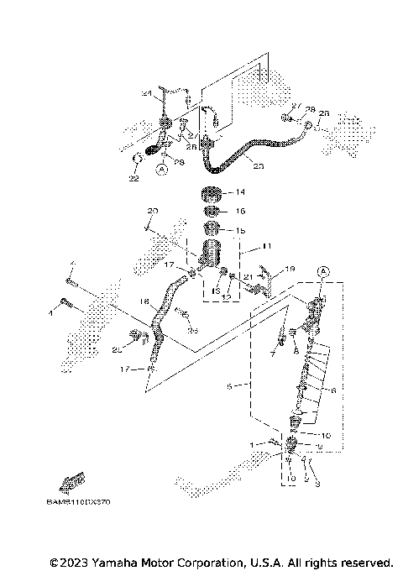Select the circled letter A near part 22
(x=161, y=168)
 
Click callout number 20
(x=152, y=210)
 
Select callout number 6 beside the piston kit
(x=333, y=390)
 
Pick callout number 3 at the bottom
(x=317, y=483)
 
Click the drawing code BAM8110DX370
(x=79, y=502)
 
